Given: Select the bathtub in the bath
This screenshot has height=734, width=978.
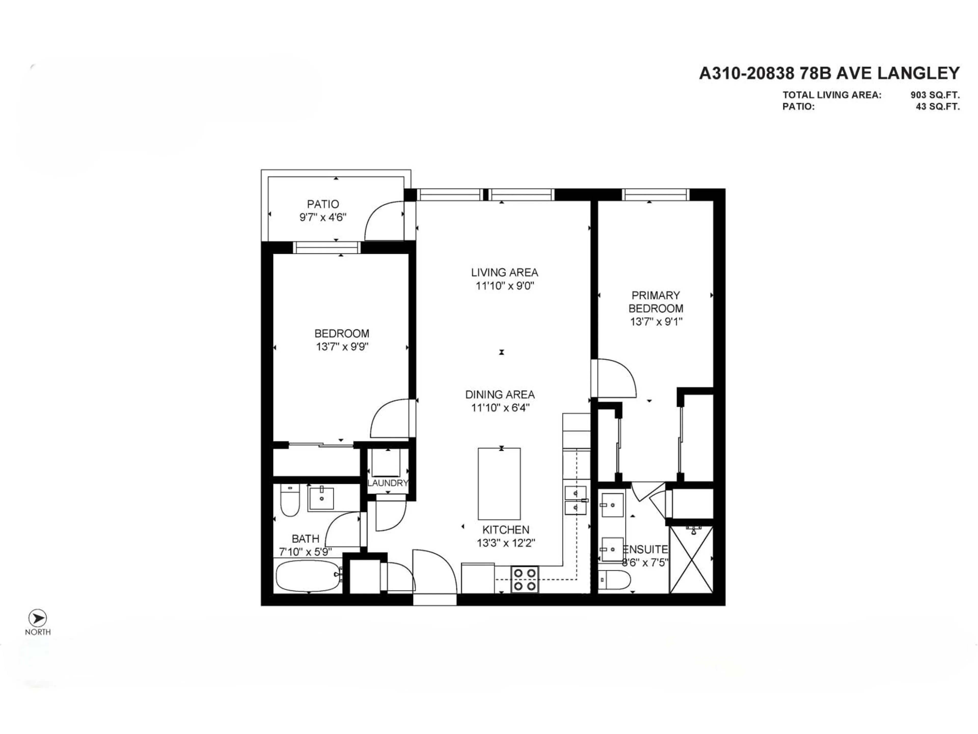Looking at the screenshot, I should pyautogui.click(x=308, y=576).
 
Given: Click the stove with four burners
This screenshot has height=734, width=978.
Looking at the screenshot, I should pyautogui.click(x=525, y=580).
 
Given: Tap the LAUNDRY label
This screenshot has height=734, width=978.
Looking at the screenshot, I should pyautogui.click(x=387, y=483).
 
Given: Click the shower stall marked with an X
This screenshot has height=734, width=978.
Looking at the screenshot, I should pyautogui.click(x=691, y=560).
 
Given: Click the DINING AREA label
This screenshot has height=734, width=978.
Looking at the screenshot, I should pyautogui.click(x=500, y=394).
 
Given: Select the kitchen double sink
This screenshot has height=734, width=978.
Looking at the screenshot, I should pyautogui.click(x=575, y=500).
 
